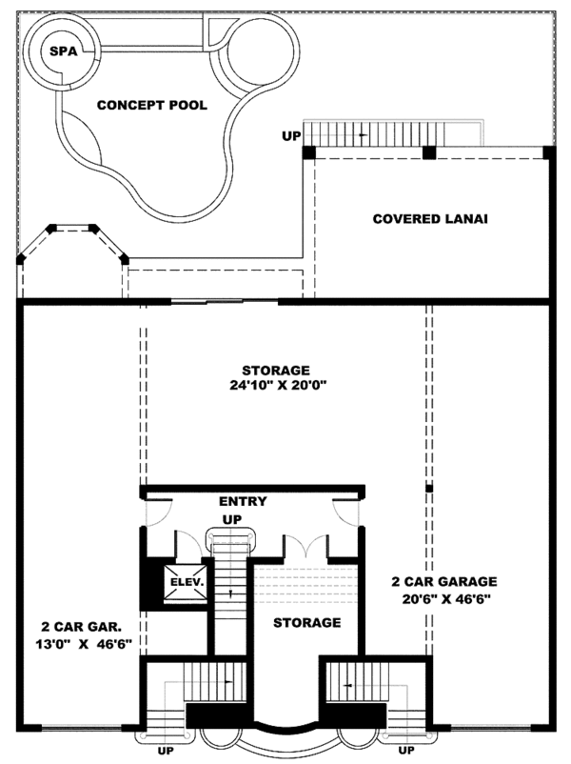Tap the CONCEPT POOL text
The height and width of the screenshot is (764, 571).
click(152, 105)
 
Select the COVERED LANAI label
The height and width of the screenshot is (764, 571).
click(430, 218)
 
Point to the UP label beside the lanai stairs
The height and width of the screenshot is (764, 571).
click(290, 136)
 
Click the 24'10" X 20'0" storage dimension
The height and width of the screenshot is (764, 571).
click(276, 386)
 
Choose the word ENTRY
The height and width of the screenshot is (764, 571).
click(243, 501)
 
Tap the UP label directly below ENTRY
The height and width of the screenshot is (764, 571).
click(231, 519)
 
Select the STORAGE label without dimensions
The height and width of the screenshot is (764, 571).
click(307, 622)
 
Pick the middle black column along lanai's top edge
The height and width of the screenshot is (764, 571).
click(429, 151)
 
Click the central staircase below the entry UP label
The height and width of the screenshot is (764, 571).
click(229, 591)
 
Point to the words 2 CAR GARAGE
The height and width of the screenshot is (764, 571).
click(443, 580)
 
